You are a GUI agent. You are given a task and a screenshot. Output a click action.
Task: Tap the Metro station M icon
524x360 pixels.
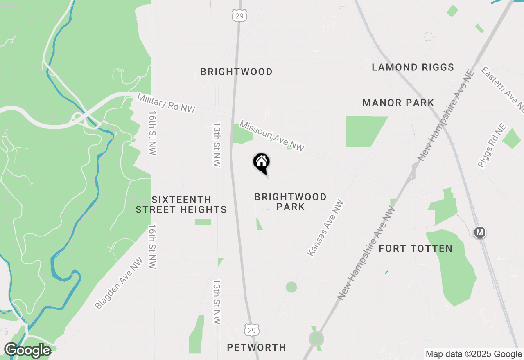[x=479, y=233]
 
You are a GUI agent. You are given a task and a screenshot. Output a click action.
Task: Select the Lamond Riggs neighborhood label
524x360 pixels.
[x=413, y=67]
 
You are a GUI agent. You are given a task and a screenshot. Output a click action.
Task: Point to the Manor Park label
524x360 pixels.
[x=398, y=103]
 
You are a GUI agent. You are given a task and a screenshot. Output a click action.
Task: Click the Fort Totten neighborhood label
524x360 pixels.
[x=416, y=248]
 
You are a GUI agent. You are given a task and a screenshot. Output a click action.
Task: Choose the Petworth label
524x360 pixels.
[x=256, y=347]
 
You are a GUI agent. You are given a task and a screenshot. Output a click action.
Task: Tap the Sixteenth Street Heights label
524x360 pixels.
[x=181, y=205]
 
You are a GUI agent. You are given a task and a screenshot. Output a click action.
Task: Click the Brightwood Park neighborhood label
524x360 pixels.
[x=290, y=202]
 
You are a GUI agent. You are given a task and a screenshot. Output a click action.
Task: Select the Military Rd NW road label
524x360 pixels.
[x=166, y=103]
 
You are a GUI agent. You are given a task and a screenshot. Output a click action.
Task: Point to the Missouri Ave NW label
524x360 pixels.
[x=272, y=136]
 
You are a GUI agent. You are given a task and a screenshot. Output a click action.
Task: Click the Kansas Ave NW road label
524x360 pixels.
[x=325, y=228]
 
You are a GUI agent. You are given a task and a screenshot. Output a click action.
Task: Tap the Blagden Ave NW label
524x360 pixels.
[x=119, y=283]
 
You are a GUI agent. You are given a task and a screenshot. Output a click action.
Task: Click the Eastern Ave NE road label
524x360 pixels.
[x=503, y=90]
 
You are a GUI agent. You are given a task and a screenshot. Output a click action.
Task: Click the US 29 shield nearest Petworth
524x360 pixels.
[x=252, y=330]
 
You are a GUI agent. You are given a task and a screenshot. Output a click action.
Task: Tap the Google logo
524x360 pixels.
[x=27, y=350]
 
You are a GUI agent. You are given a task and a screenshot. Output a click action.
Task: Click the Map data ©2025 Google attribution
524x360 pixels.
[x=474, y=354]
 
